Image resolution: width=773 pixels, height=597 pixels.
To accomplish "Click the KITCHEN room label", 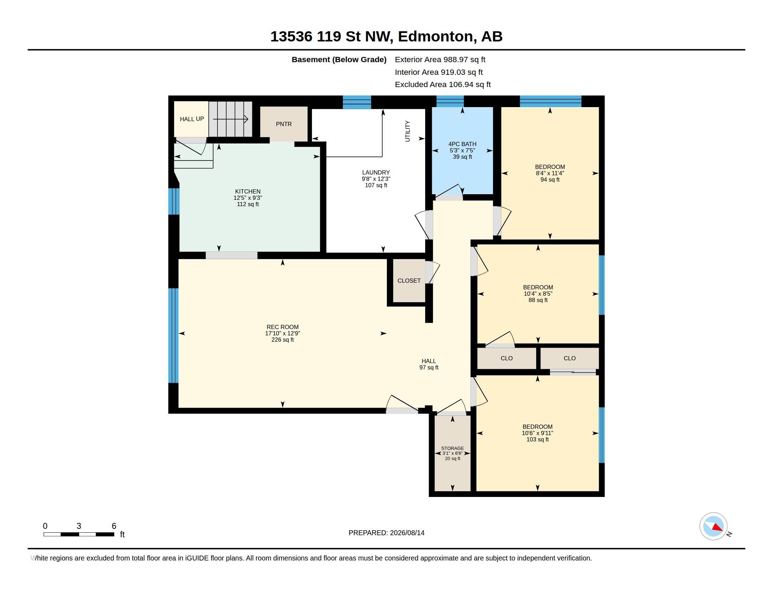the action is pyautogui.click(x=248, y=191).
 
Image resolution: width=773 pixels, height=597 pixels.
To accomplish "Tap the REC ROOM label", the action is pyautogui.click(x=282, y=327).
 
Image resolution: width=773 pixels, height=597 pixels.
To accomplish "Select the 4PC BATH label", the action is pyautogui.click(x=462, y=144).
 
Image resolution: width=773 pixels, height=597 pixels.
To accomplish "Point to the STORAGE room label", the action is pyautogui.click(x=452, y=448).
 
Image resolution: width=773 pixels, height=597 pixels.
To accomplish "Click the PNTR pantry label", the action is pyautogui.click(x=284, y=124).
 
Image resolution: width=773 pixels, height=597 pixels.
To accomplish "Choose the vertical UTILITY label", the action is pyautogui.click(x=407, y=131).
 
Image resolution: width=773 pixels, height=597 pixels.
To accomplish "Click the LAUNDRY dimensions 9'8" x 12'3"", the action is pyautogui.click(x=376, y=179).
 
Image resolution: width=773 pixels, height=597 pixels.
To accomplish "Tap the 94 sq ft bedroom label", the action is pyautogui.click(x=550, y=180).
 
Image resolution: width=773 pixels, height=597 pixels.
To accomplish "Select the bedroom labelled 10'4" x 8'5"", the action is pyautogui.click(x=538, y=294).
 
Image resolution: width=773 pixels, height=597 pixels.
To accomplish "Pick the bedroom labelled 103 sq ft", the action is pyautogui.click(x=538, y=439).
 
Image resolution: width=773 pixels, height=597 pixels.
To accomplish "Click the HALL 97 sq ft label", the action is pyautogui.click(x=429, y=364).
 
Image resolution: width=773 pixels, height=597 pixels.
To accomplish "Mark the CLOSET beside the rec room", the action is pyautogui.click(x=409, y=281).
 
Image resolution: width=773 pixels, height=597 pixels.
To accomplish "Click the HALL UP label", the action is pyautogui.click(x=192, y=119).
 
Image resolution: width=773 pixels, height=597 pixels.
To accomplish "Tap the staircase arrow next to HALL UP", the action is pyautogui.click(x=230, y=119).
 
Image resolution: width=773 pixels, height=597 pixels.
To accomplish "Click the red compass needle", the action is pyautogui.click(x=717, y=527).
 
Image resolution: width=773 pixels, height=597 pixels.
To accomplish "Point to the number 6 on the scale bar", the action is pyautogui.click(x=114, y=526).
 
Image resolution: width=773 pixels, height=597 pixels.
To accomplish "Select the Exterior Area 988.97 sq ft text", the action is pyautogui.click(x=440, y=60).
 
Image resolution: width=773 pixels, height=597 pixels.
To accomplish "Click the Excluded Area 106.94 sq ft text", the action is pyautogui.click(x=443, y=85).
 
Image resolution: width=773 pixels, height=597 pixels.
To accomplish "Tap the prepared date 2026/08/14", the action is pyautogui.click(x=407, y=533).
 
